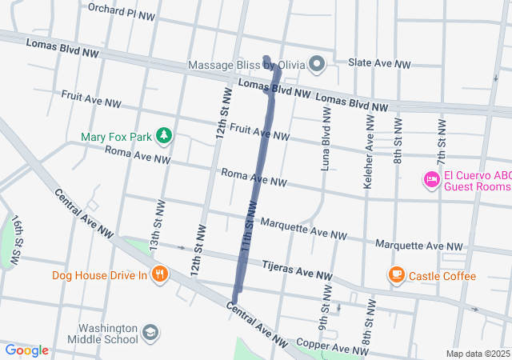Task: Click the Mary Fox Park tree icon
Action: click(x=164, y=136)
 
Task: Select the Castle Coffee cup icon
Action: click(x=395, y=275)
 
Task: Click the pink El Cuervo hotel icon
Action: click(x=431, y=178)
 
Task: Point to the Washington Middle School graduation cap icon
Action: click(x=150, y=332)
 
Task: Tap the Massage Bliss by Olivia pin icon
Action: click(x=318, y=64)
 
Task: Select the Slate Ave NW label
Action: click(x=379, y=64)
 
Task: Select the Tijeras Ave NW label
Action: click(x=297, y=270)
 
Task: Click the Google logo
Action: click(x=26, y=350)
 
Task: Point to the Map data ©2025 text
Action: click(x=477, y=354)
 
